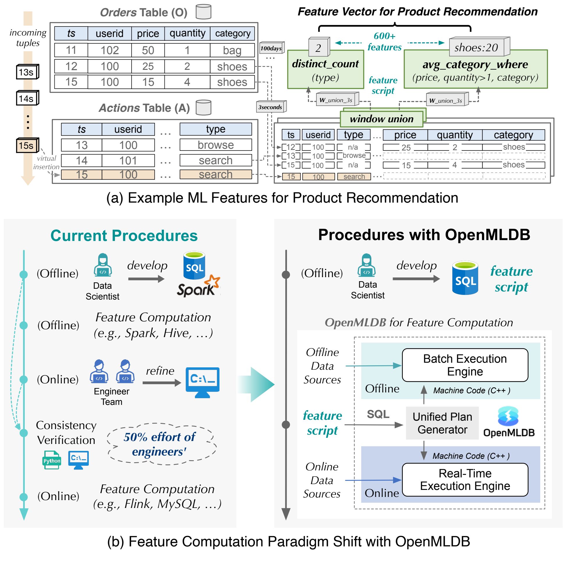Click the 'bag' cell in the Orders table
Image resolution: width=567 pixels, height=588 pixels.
(x=232, y=50)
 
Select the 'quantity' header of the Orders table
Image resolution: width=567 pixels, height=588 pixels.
(x=187, y=33)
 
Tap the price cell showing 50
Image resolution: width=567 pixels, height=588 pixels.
(x=148, y=50)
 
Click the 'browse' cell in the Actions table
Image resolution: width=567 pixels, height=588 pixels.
(x=215, y=145)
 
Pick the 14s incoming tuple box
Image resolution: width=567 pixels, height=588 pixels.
(x=27, y=98)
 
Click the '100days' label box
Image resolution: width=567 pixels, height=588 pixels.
(x=271, y=48)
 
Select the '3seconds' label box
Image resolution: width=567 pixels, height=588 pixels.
(x=271, y=107)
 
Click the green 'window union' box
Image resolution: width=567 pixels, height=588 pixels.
(x=382, y=119)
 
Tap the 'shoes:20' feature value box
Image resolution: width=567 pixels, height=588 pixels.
(x=476, y=47)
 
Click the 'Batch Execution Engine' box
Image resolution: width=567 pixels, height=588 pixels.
(x=465, y=365)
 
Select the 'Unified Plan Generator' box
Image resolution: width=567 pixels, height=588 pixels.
(x=442, y=423)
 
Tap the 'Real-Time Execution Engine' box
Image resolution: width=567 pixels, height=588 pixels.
(x=465, y=479)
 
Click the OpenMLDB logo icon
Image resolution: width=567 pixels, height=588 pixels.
(x=508, y=416)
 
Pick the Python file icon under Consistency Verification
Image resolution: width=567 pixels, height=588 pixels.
(x=52, y=460)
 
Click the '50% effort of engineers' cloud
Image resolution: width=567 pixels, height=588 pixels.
(x=160, y=444)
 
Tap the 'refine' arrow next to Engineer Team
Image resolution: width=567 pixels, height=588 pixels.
(x=162, y=383)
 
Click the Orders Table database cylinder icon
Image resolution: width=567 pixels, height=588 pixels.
(x=203, y=12)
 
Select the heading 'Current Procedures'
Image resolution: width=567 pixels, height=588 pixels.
(x=124, y=235)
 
